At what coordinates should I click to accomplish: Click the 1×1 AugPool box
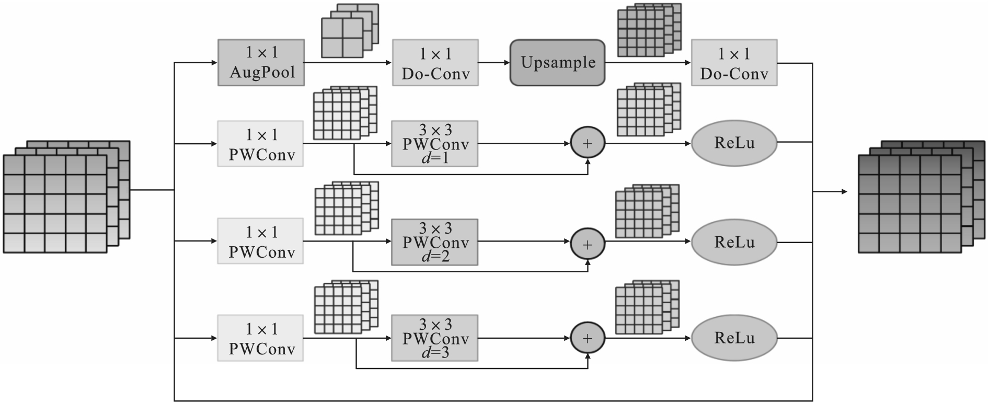261,62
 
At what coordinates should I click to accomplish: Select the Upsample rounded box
557,63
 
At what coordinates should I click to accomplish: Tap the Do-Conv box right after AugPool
435,63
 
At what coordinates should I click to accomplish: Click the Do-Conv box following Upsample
734,63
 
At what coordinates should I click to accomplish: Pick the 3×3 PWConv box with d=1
434,144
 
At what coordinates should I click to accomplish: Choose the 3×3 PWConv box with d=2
434,242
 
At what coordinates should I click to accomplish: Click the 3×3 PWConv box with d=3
434,338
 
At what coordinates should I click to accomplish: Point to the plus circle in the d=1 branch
588,143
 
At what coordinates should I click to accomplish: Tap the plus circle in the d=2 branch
588,244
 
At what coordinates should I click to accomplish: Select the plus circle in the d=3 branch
588,338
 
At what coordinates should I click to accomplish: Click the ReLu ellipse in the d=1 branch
734,143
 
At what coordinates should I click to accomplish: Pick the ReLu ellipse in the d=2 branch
734,242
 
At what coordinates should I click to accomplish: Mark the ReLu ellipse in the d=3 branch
734,338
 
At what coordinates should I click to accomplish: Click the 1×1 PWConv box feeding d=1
260,144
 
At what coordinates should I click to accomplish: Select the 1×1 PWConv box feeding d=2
260,241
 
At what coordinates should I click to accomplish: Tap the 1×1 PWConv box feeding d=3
260,338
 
